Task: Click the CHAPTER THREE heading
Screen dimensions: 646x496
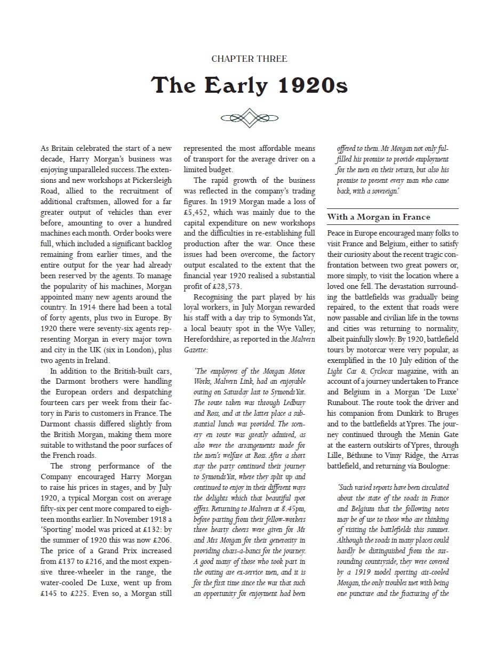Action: point(249,59)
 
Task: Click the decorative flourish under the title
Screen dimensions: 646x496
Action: point(249,117)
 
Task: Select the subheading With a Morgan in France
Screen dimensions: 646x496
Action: point(379,217)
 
